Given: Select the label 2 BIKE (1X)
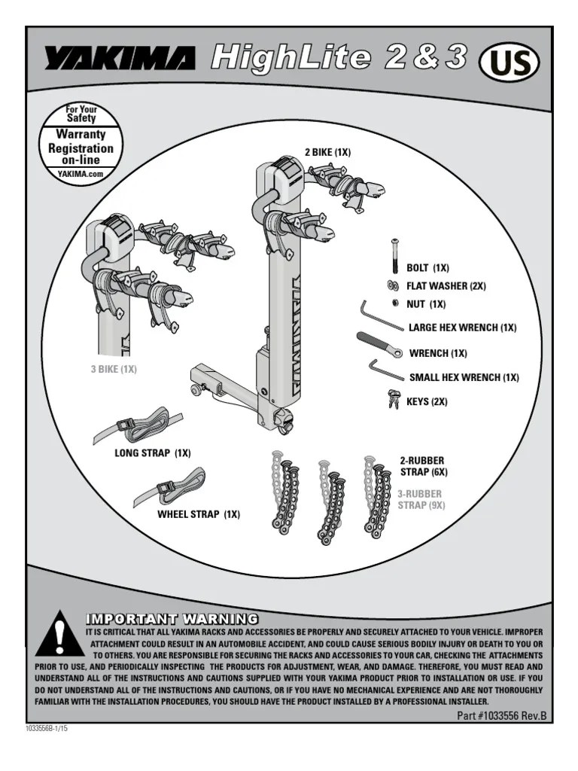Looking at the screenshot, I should point(327,153).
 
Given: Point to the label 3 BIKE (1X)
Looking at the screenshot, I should point(114,370).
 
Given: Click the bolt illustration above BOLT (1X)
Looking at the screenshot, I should point(394,257).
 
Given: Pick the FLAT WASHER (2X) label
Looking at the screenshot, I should point(446,286).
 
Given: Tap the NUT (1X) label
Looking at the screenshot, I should point(426,304).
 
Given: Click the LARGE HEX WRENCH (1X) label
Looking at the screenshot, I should point(462,328).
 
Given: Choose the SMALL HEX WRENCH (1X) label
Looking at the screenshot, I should point(464,377).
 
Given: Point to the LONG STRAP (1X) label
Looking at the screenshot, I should point(153,453).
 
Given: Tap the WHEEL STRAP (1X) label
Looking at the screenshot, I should point(198,515).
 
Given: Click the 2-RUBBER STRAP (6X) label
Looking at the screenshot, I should point(422,466).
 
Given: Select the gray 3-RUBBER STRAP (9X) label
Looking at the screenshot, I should point(421,499).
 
